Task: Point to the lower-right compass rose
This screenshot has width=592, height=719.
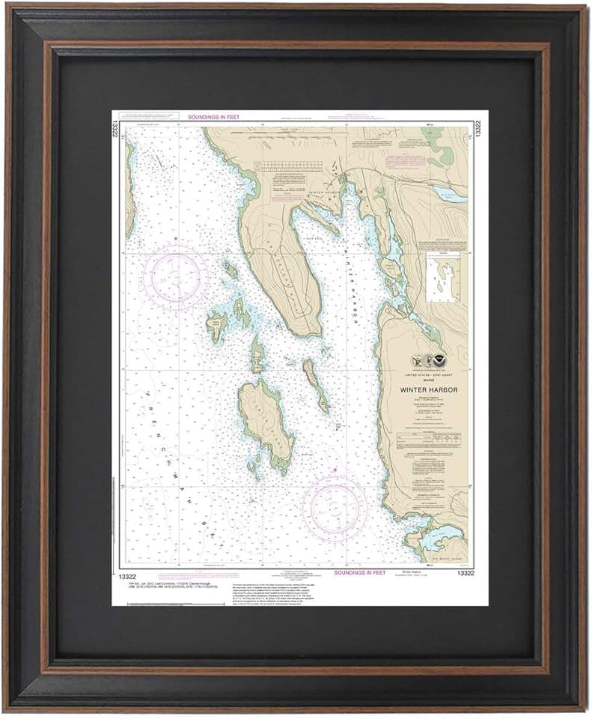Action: [x=335, y=509]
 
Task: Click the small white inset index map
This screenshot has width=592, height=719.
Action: [x=442, y=276]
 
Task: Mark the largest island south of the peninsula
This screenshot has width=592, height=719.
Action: [x=263, y=423]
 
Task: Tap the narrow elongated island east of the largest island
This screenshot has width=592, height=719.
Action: [x=315, y=384]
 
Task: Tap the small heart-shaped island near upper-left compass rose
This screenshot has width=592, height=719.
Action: [x=217, y=324]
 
